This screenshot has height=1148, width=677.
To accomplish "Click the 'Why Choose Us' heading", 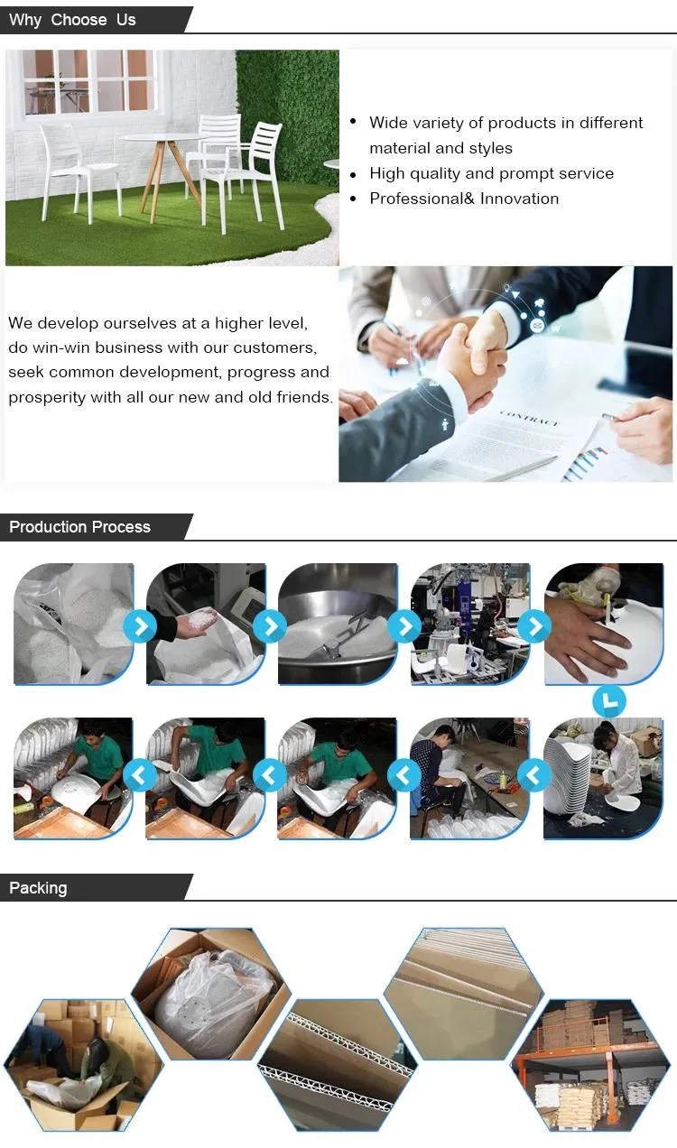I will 72,20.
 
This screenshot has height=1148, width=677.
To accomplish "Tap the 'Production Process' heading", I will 79,527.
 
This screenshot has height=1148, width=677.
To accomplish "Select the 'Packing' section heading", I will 38,888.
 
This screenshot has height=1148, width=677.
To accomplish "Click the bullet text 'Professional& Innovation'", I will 464,199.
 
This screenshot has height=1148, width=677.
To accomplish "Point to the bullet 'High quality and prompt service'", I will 491,173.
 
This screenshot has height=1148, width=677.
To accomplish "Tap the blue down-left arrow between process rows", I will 609,700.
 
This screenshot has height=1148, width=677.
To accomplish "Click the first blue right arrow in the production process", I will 140,625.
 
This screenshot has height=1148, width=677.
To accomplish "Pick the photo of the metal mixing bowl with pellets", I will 338,624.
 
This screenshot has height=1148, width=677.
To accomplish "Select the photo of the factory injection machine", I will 470,624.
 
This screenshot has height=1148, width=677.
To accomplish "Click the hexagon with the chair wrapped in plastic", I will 211,993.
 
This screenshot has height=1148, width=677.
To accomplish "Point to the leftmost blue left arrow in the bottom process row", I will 140,774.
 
